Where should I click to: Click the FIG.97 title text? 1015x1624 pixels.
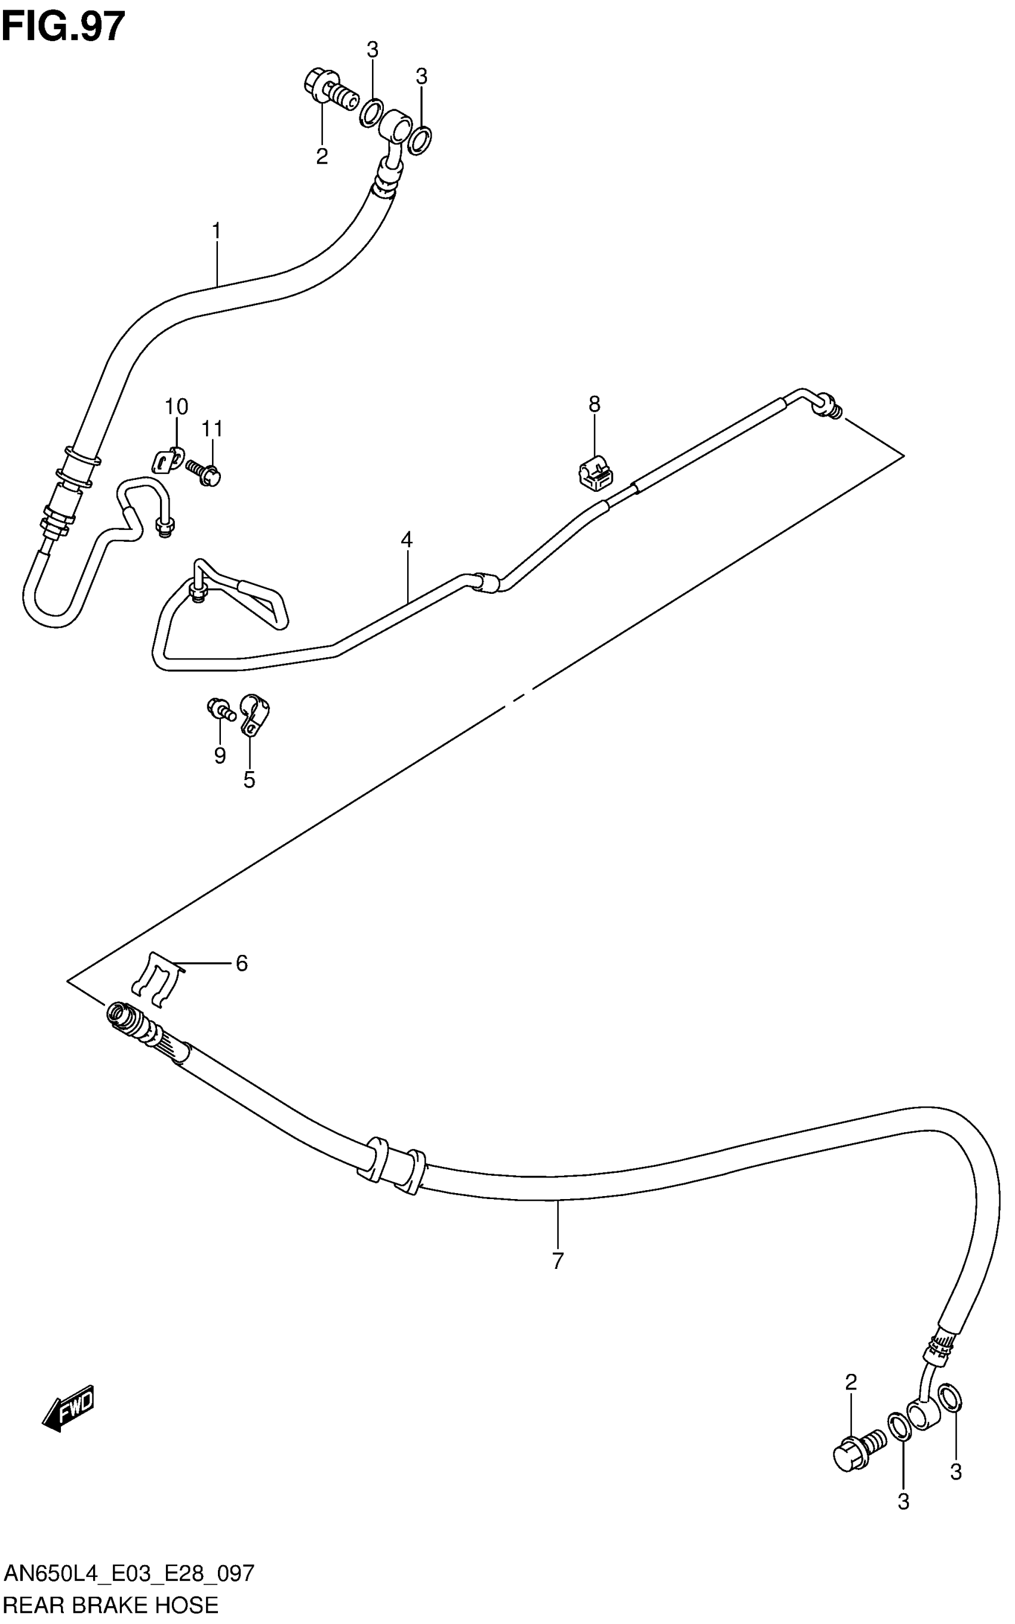[63, 27]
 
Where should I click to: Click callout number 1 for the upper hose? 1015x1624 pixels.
[216, 231]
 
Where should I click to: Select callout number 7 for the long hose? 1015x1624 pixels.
[558, 1261]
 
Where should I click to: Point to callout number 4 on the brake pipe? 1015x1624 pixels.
[406, 540]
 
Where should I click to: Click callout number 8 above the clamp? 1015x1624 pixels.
[594, 404]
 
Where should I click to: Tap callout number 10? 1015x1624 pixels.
[177, 406]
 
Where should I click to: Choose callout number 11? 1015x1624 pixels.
[212, 428]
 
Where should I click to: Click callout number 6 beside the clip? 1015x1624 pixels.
[242, 964]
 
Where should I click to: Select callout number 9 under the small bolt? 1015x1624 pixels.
[220, 756]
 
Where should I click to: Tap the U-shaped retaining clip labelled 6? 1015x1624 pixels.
[156, 980]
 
